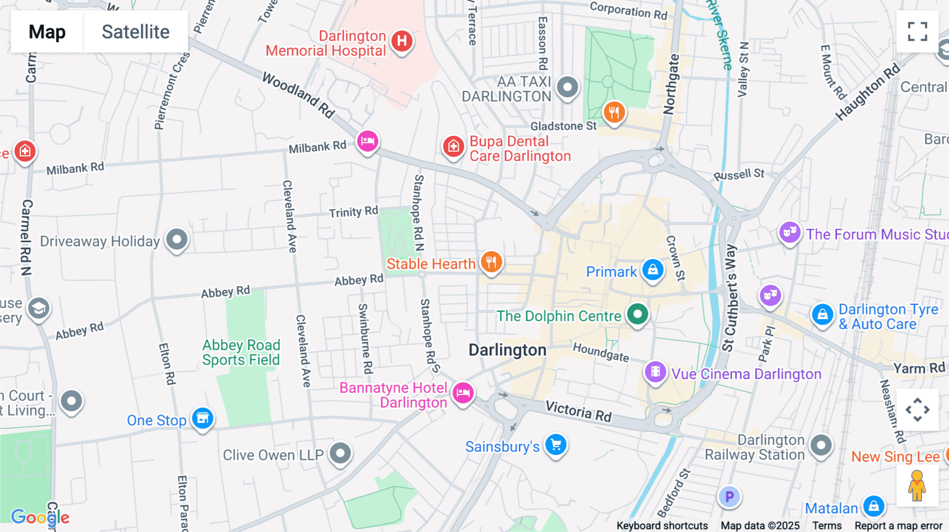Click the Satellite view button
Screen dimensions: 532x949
135,32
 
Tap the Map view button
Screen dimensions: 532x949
47,32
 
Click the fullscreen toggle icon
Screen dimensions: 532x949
917,32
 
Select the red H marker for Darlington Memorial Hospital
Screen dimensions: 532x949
402,41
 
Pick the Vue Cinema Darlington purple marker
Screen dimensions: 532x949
655,372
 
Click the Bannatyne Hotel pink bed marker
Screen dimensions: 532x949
463,392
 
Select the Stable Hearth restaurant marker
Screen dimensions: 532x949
491,262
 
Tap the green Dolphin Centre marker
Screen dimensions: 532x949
637,314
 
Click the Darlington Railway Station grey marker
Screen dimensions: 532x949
821,446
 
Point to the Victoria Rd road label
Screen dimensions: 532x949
578,411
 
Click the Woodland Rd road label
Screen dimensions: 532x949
298,95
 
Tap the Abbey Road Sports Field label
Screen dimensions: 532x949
241,352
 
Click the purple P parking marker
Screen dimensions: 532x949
729,497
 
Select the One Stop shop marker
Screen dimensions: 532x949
202,419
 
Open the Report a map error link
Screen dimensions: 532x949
898,526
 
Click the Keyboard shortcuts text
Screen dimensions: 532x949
662,526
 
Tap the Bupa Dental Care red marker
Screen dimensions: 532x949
453,146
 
